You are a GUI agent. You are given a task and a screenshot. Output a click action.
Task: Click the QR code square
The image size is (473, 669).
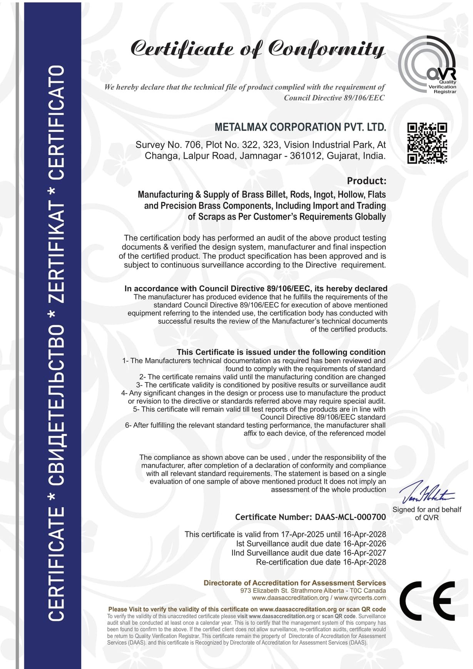click(427, 143)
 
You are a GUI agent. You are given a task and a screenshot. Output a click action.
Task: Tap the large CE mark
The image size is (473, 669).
click(427, 600)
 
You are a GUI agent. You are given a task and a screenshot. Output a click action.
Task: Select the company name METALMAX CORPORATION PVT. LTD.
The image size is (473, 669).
click(300, 127)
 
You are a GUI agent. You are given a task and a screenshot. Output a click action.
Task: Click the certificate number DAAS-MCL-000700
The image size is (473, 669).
click(350, 517)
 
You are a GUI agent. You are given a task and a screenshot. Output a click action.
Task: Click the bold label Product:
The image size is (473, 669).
click(366, 181)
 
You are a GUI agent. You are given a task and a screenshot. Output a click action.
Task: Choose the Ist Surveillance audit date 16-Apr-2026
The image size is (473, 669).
click(364, 543)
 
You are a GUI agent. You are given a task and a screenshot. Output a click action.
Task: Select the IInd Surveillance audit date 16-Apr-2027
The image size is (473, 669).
click(364, 553)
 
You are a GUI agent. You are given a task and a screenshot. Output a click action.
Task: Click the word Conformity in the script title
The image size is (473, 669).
click(326, 49)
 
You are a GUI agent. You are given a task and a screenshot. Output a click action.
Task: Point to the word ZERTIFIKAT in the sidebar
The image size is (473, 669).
click(56, 253)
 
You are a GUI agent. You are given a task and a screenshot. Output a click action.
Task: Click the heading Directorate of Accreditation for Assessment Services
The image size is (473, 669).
click(294, 583)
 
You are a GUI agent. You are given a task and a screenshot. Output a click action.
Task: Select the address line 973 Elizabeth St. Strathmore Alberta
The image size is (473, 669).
click(292, 590)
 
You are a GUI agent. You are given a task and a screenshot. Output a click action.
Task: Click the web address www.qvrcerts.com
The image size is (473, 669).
click(360, 598)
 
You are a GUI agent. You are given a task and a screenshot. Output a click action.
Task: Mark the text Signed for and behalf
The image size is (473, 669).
click(426, 510)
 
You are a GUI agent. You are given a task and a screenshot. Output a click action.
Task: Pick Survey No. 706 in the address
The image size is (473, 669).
click(168, 145)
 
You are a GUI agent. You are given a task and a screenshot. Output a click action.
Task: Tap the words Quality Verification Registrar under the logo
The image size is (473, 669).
click(442, 87)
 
